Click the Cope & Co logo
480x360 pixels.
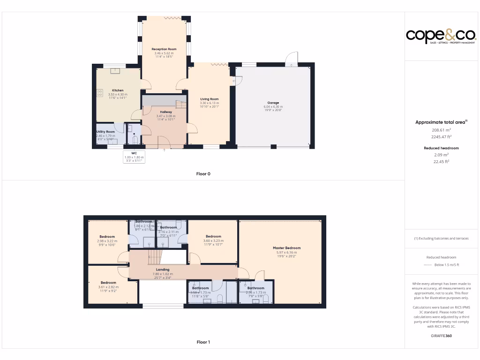point(441,36)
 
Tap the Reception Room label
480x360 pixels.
point(164,49)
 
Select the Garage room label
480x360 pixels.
point(273,103)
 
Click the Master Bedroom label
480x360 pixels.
point(286,248)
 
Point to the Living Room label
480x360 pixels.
point(210,99)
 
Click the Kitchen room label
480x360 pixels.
point(118,90)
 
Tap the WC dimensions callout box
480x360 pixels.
point(134,157)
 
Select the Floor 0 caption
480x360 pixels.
point(203,174)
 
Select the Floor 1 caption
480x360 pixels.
point(203,342)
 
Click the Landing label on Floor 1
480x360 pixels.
point(163,270)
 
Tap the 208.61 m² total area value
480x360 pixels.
point(441,130)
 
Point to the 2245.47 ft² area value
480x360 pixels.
point(441,137)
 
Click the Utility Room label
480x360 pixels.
point(105,132)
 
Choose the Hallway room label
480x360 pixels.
point(166,112)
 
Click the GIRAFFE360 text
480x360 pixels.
point(441,336)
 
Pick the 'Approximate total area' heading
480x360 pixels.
point(441,122)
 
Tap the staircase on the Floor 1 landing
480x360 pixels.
point(155,256)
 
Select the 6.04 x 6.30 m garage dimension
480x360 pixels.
point(273,107)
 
